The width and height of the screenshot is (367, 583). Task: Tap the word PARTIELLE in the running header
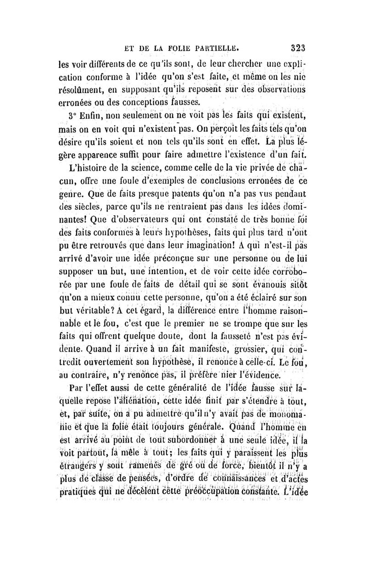click(x=216, y=47)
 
